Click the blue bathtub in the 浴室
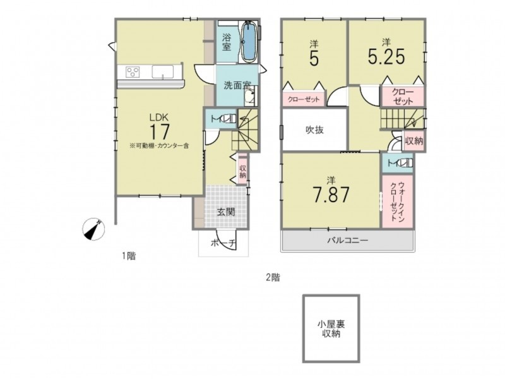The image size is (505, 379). click(249, 42)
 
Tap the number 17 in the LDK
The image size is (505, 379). click(159, 131)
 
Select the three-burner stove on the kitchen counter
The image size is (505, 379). click(133, 71)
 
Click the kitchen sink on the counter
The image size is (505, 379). click(163, 72)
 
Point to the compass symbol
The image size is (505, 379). click(93, 229)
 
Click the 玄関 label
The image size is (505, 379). click(226, 212)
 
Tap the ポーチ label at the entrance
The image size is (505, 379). click(223, 243)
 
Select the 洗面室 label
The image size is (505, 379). click(237, 86)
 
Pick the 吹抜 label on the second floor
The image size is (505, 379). click(314, 130)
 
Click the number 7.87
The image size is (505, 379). click(331, 195)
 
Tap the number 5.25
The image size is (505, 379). click(386, 57)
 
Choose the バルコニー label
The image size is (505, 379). click(348, 240)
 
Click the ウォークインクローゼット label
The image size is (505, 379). click(397, 202)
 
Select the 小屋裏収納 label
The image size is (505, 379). click(331, 328)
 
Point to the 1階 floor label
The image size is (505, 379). click(129, 256)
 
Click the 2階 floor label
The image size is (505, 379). click(273, 277)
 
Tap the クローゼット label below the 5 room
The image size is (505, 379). click(304, 100)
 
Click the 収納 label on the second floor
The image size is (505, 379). click(414, 141)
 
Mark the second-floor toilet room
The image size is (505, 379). click(398, 164)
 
